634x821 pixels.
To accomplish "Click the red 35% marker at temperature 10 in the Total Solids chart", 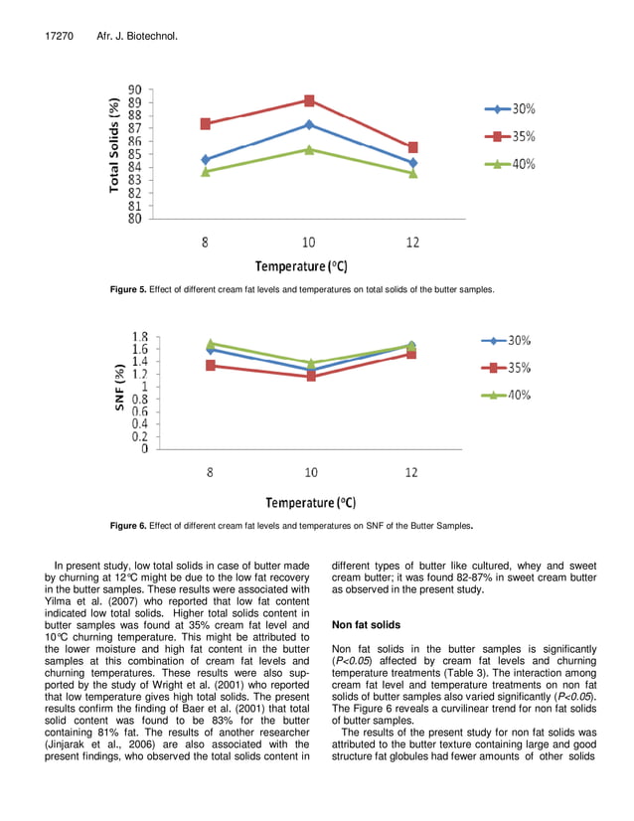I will pyautogui.click(x=309, y=100).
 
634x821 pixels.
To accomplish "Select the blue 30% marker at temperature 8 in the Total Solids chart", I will pyautogui.click(x=206, y=159).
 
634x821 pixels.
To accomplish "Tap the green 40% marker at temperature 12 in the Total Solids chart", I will pyautogui.click(x=412, y=173).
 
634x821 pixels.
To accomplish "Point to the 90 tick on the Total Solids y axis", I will pyautogui.click(x=132, y=89).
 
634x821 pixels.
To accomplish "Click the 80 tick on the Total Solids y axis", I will pyautogui.click(x=132, y=219).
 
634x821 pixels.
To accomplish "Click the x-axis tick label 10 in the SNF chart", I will pyautogui.click(x=311, y=472).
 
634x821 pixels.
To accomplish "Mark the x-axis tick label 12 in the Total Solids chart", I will pyautogui.click(x=412, y=242).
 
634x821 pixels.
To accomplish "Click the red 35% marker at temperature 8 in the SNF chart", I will pyautogui.click(x=210, y=366).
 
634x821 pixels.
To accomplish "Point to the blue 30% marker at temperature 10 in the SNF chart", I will pyautogui.click(x=311, y=370).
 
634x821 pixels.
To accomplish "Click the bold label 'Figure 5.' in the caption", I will pyautogui.click(x=128, y=289).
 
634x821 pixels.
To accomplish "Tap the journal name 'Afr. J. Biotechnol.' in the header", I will pyautogui.click(x=136, y=37).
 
